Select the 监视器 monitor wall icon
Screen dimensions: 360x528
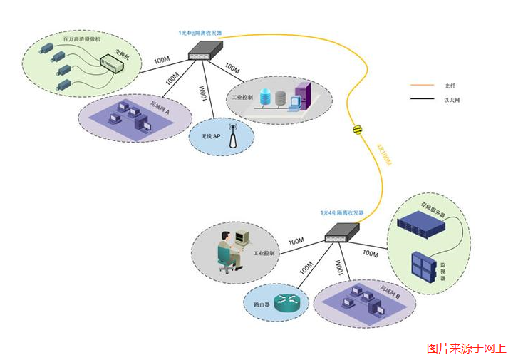[x=425, y=267]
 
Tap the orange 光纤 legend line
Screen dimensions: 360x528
[x=422, y=86]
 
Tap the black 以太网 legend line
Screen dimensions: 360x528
[x=422, y=100]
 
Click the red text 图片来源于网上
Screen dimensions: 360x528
[x=466, y=349]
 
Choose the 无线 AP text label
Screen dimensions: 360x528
[x=210, y=135]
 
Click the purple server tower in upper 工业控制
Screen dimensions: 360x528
[x=301, y=95]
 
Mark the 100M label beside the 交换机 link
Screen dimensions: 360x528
[x=161, y=59]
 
